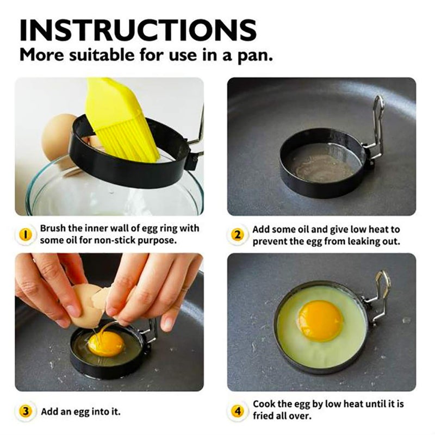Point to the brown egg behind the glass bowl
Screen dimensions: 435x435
point(60,136)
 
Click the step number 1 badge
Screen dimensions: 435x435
point(25,234)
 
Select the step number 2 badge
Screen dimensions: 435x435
point(237,235)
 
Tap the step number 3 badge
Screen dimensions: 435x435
point(25,411)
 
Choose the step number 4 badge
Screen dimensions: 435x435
point(237,411)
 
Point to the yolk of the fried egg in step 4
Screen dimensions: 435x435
point(320,320)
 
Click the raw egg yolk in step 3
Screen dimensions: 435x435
point(105,344)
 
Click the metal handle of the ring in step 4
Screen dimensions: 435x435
point(378,294)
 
